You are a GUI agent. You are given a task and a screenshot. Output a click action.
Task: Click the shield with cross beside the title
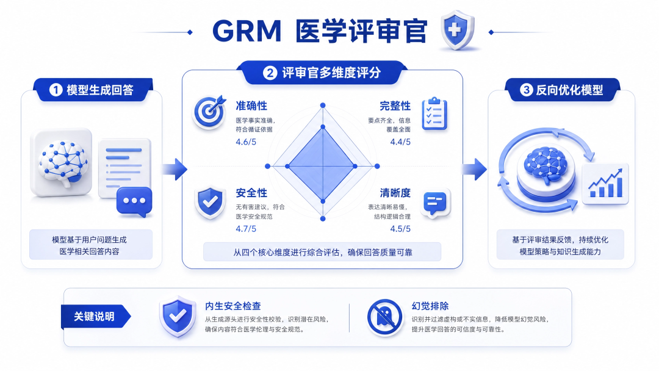[458, 30]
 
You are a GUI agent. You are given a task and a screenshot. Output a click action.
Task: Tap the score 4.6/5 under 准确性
[246, 142]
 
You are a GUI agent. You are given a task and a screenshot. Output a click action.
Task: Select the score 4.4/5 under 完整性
[400, 142]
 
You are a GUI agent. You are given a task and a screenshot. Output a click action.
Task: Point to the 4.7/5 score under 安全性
[246, 229]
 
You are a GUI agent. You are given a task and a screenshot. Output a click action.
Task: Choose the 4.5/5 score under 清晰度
[400, 229]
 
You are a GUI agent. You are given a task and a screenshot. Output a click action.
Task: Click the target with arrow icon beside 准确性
[209, 111]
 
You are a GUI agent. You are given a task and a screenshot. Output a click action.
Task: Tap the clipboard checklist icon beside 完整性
[434, 113]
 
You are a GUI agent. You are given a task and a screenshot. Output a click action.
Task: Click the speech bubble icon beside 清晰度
[436, 204]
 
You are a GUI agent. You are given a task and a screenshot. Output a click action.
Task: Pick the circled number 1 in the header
[56, 90]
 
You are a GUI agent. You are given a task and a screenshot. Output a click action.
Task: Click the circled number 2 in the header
[270, 73]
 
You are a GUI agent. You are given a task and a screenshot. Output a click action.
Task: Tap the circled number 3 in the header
[526, 90]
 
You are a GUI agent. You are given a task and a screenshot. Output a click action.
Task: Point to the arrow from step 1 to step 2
[175, 169]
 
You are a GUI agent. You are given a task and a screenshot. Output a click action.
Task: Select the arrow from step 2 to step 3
[475, 169]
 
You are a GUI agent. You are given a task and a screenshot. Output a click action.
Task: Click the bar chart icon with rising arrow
[606, 184]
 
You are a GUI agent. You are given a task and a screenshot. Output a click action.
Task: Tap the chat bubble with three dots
[134, 201]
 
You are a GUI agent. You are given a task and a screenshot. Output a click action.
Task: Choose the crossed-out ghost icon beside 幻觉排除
[384, 318]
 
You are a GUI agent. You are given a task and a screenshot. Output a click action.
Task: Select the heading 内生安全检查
[233, 306]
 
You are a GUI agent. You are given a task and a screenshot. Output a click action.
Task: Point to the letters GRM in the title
[247, 31]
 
